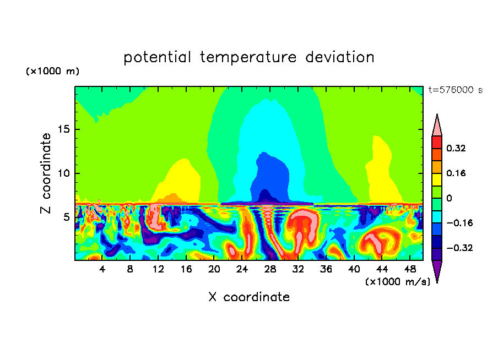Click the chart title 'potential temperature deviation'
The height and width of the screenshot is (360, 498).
pos(249,57)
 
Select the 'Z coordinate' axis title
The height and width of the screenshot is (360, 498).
pos(46,173)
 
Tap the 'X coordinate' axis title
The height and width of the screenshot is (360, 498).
pos(249,297)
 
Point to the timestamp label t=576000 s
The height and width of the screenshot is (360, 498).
pos(455,90)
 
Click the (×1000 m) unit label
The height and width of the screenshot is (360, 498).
pos(53,72)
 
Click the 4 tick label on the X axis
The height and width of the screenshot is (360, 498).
pos(102,270)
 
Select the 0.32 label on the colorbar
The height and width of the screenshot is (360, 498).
pos(456,149)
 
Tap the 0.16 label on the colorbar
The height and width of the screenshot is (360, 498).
pos(456,173)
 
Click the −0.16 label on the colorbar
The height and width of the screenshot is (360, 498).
pos(458,223)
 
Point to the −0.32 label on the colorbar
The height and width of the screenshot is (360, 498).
pos(458,248)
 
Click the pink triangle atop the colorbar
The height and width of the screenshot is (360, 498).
pos(437,126)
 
